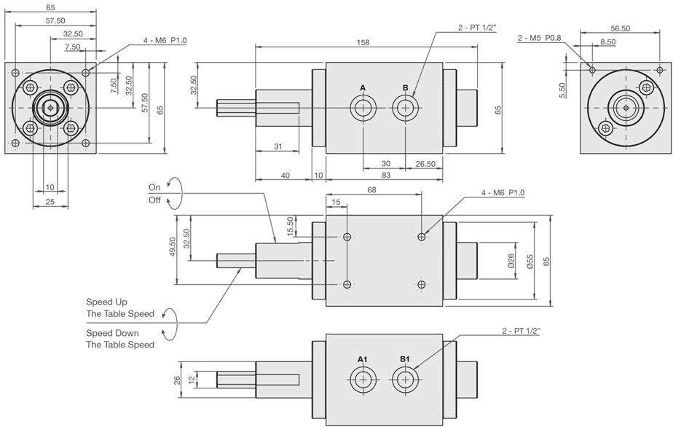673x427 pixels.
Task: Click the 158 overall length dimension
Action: [x=363, y=42]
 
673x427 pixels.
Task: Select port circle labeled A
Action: [x=363, y=107]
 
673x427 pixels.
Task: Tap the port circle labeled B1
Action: [x=405, y=380]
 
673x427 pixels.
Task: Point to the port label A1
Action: [x=363, y=359]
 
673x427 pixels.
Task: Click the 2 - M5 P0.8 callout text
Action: [x=539, y=38]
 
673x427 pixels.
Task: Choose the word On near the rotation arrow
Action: [x=154, y=187]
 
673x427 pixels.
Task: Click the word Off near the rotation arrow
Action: [x=154, y=200]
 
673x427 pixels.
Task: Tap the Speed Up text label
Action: [x=106, y=302]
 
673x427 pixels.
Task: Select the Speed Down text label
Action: [x=112, y=333]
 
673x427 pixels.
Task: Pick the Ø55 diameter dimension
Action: [x=530, y=261]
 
